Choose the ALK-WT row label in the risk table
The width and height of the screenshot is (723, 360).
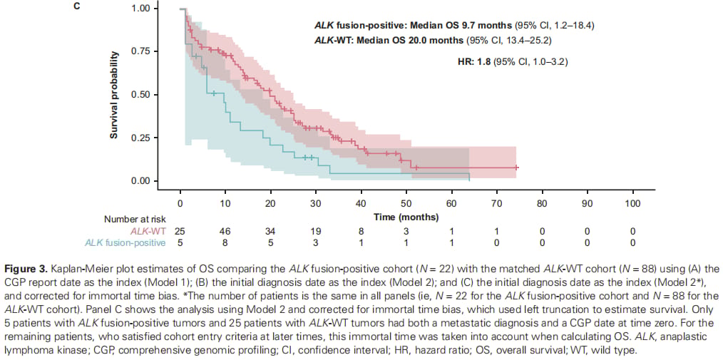[148, 231]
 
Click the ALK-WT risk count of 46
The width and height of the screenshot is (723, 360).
[225, 231]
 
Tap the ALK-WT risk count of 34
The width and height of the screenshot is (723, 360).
[271, 231]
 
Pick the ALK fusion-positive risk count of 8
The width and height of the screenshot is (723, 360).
[225, 243]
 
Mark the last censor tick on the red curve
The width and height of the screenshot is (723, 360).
[516, 168]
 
